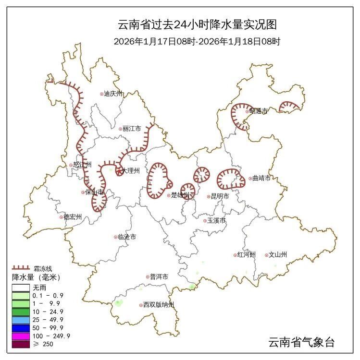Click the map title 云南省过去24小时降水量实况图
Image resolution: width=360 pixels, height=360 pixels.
click(197, 24)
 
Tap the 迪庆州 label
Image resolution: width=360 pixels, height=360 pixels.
click(114, 94)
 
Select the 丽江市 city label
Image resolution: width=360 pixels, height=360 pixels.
click(132, 129)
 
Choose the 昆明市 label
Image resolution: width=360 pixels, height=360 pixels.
click(220, 196)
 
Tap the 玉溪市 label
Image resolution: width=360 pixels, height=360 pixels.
click(216, 221)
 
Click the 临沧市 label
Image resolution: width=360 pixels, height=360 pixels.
click(127, 237)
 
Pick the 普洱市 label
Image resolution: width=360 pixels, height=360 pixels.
click(159, 277)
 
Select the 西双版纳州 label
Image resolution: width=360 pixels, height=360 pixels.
click(158, 305)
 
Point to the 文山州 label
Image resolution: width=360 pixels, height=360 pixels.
click(278, 255)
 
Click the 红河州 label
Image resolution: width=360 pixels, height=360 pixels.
click(247, 255)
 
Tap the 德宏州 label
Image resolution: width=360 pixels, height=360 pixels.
click(73, 217)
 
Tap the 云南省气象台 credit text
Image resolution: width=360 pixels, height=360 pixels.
click(301, 342)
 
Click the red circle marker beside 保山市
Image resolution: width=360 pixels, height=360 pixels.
click(83, 192)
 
